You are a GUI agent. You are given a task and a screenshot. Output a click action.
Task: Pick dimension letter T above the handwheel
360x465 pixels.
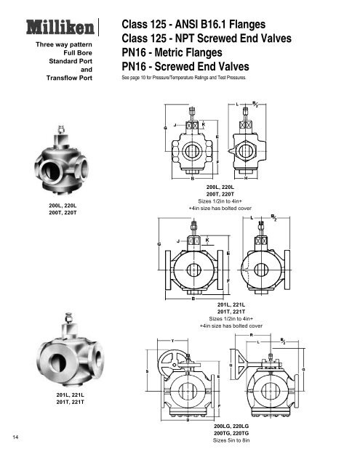pyautogui.click(x=172, y=339)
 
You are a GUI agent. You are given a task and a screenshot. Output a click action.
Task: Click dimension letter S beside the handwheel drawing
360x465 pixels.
pyautogui.click(x=148, y=372)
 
